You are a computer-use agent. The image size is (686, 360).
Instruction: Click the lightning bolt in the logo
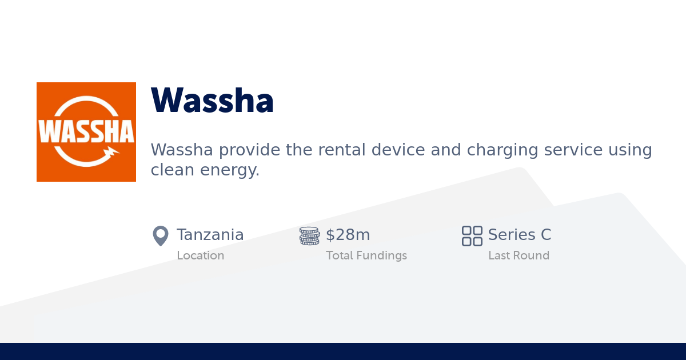pyautogui.click(x=111, y=152)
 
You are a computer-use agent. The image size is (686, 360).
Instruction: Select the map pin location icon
pyautogui.click(x=161, y=235)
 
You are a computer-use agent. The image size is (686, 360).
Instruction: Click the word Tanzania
pyautogui.click(x=210, y=235)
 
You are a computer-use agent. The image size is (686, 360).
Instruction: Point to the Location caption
pyautogui.click(x=200, y=255)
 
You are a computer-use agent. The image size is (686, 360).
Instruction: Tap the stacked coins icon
pyautogui.click(x=309, y=235)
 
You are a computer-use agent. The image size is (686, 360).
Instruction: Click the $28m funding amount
pyautogui.click(x=348, y=235)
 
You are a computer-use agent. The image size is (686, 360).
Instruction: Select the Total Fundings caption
pyautogui.click(x=366, y=255)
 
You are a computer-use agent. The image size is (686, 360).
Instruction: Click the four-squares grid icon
pyautogui.click(x=472, y=235)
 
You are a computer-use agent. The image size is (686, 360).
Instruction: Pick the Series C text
pyautogui.click(x=519, y=235)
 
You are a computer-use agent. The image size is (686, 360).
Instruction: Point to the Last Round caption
pyautogui.click(x=519, y=255)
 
